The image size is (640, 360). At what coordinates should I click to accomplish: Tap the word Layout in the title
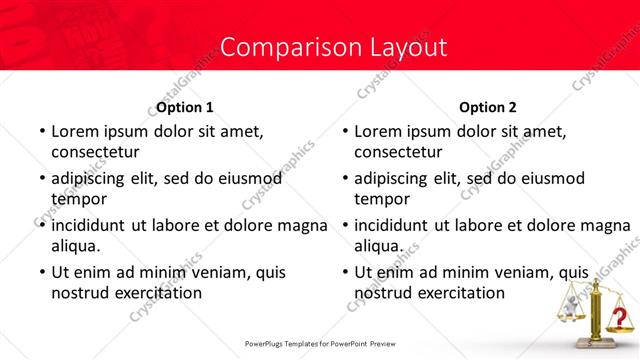399,47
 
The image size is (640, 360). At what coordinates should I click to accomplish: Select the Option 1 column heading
185,107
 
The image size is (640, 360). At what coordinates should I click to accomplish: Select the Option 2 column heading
488,107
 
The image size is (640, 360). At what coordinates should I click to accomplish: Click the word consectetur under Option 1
95,153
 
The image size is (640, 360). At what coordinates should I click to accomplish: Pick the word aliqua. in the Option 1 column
76,245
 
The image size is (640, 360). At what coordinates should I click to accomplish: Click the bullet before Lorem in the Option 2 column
344,132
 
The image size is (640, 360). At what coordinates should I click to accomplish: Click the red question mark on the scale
620,318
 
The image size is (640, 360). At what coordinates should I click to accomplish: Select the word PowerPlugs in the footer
270,344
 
